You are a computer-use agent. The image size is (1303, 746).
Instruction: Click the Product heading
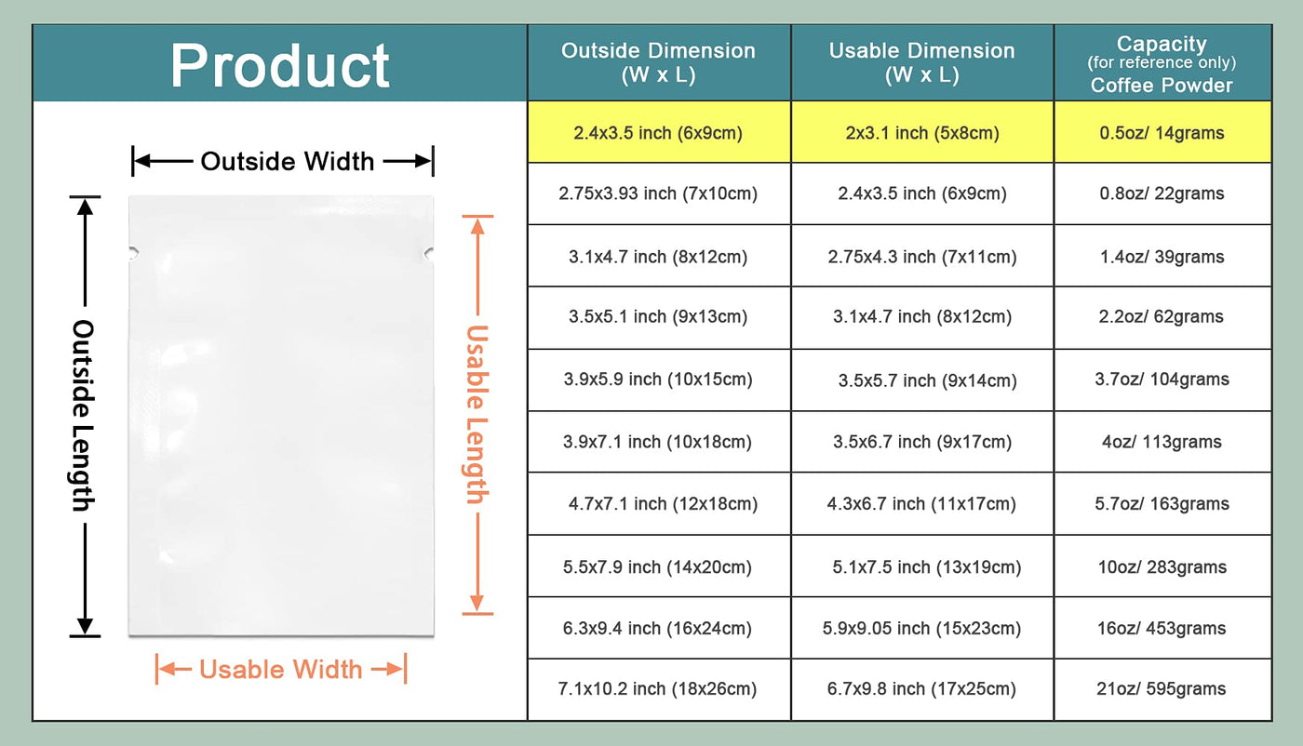click(x=280, y=66)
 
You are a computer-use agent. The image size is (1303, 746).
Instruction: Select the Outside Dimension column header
click(x=659, y=62)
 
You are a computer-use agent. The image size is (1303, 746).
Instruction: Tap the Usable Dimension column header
click(x=922, y=62)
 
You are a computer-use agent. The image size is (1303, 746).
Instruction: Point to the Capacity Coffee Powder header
click(x=1162, y=64)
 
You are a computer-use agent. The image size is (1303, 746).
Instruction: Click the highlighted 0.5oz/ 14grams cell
click(x=1162, y=133)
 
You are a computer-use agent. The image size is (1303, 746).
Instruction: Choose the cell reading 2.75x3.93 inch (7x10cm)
click(x=658, y=193)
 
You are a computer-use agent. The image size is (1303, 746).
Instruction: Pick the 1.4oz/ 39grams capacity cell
click(x=1162, y=257)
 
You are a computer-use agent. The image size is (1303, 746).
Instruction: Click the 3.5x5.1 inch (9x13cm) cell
click(x=658, y=317)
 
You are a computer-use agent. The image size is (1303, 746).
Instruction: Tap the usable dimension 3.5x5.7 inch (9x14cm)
click(x=927, y=380)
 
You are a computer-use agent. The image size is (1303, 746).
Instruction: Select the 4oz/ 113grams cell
click(x=1162, y=442)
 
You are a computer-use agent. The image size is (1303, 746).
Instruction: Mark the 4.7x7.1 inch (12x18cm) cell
click(x=663, y=503)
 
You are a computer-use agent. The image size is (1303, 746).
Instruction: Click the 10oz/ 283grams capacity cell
click(x=1162, y=566)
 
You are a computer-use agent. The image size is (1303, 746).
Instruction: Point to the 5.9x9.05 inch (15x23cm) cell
click(x=921, y=629)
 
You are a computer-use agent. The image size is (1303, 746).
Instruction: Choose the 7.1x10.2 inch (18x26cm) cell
click(x=657, y=689)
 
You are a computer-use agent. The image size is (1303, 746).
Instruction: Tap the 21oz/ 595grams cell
click(x=1162, y=689)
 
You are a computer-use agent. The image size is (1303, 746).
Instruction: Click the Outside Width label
click(x=288, y=162)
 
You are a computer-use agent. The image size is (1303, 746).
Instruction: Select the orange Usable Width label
click(x=280, y=669)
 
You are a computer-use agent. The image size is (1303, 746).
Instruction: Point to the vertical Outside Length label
click(x=84, y=415)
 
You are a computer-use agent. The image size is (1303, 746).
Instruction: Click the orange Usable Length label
click(x=477, y=414)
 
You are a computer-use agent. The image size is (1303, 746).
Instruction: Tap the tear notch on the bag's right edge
click(x=429, y=254)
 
